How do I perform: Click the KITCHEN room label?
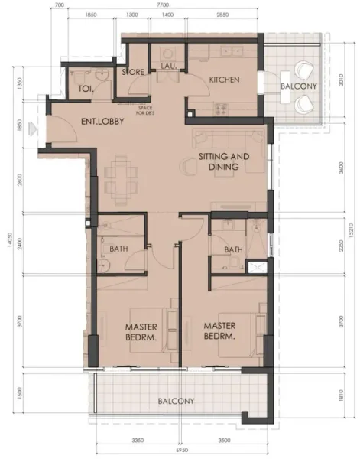[x=225, y=80]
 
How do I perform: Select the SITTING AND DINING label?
[x=224, y=161]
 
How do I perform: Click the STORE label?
[x=133, y=72]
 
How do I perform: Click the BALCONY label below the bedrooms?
[x=177, y=401]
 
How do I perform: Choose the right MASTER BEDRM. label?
[x=220, y=330]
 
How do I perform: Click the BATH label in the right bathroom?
[x=234, y=249]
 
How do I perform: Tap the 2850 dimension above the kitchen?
[x=222, y=15]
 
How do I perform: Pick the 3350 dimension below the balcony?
[x=138, y=442]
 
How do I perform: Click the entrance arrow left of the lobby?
[x=31, y=126]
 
